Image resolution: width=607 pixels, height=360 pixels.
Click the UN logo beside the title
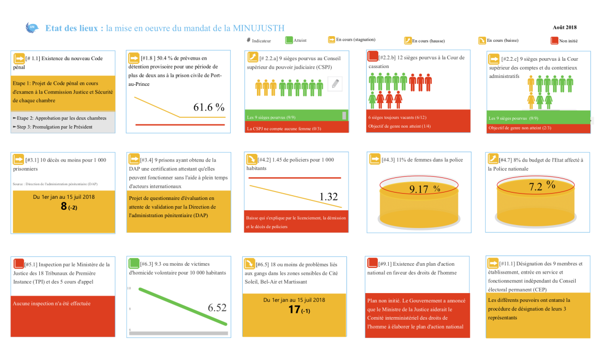click(32, 28)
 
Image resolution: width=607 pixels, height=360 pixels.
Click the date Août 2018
click(564, 27)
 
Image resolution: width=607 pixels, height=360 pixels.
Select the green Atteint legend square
click(289, 40)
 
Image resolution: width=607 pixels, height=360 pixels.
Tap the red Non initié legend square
click(554, 40)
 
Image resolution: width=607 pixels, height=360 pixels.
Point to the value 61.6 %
click(209, 107)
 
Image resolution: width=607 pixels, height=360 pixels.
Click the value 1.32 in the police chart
click(329, 197)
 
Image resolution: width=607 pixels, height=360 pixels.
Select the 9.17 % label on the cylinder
click(424, 189)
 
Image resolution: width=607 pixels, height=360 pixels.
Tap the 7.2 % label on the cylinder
click(542, 186)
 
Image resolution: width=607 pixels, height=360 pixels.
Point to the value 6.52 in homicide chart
click(217, 308)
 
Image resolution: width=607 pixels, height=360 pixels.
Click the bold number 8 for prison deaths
click(64, 206)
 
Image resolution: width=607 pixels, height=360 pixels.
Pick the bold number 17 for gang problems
click(294, 309)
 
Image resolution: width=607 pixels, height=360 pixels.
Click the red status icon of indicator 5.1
click(19, 263)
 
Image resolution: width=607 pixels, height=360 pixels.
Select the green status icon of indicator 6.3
click(134, 263)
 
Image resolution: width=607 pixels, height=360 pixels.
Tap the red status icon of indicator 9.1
click(373, 263)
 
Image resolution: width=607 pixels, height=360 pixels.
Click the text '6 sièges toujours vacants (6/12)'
click(396, 118)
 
